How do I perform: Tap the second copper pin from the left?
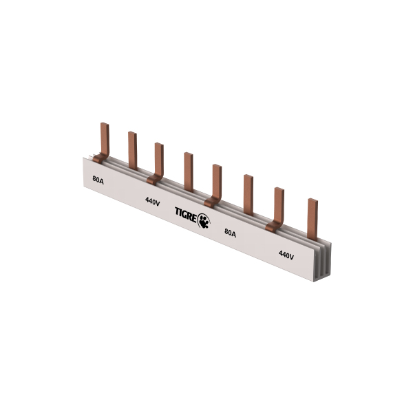(x=132, y=149)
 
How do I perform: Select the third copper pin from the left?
(x=159, y=158)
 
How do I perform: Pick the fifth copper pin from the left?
(x=217, y=180)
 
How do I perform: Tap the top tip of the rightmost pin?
(x=313, y=201)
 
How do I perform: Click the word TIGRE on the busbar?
(x=186, y=216)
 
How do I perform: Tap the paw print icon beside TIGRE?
(x=205, y=220)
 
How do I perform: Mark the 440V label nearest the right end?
(x=286, y=255)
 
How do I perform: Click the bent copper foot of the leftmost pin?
(x=100, y=160)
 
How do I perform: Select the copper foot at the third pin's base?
(x=154, y=180)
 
